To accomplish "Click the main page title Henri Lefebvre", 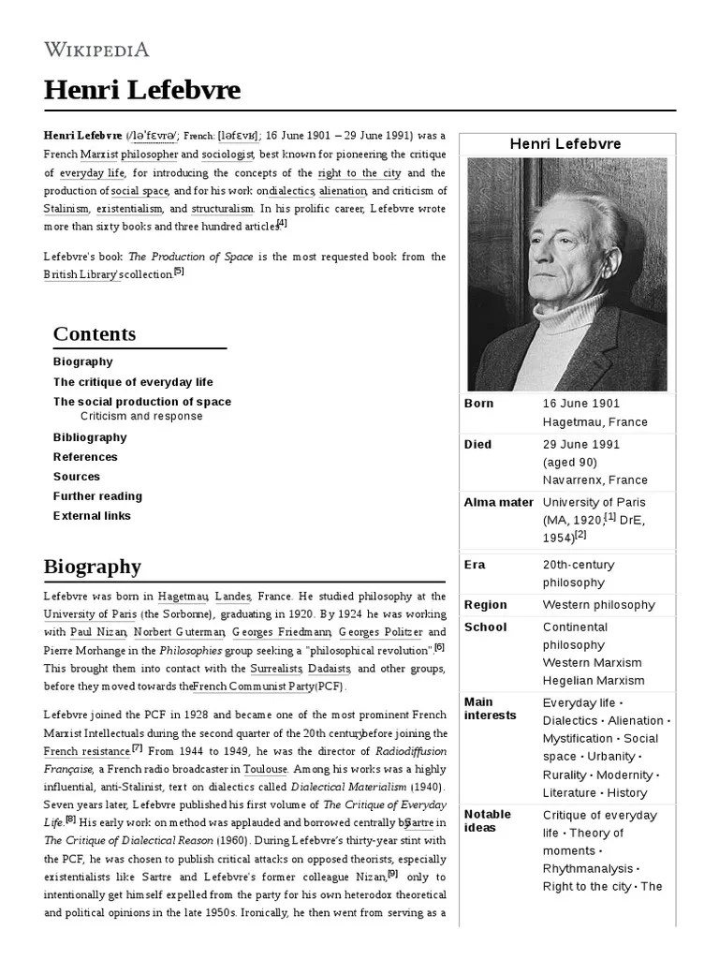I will tap(142, 90).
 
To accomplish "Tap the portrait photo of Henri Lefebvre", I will tap(566, 273).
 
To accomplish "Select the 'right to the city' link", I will tap(360, 173).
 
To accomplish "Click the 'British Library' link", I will tap(81, 274).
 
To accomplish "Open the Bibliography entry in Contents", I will tap(90, 437).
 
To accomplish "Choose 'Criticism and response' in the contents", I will tap(141, 417).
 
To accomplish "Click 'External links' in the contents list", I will tap(92, 516).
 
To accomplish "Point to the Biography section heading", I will tap(93, 567).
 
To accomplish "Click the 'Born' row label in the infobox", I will tap(479, 404).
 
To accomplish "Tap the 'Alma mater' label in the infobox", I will tap(498, 503).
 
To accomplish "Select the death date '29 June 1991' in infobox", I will tap(580, 445).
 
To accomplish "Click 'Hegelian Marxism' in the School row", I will tap(594, 681).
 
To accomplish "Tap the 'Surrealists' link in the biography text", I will tap(276, 669).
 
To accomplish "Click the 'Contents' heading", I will tap(95, 334).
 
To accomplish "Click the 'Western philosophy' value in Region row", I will tap(599, 605).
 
